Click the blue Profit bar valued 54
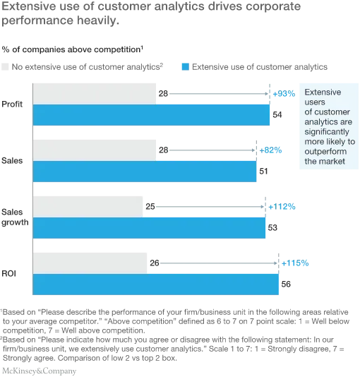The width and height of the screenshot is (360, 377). [x=151, y=115]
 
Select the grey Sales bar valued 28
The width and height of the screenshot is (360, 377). [x=95, y=150]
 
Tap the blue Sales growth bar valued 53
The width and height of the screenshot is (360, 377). [x=149, y=228]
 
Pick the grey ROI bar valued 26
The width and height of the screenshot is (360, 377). [x=90, y=263]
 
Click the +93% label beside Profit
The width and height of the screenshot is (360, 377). [x=284, y=93]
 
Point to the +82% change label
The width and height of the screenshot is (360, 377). [x=270, y=150]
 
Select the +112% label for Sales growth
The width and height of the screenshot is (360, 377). [x=282, y=207]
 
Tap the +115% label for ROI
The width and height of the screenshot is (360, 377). [x=295, y=263]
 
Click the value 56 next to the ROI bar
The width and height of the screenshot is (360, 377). [x=286, y=285]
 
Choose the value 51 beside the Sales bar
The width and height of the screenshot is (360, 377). [x=263, y=171]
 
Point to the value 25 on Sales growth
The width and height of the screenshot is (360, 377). [x=150, y=207]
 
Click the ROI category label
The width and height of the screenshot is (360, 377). [x=9, y=274]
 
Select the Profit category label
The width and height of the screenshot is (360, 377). [x=12, y=104]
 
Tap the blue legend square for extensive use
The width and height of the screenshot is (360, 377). [x=186, y=67]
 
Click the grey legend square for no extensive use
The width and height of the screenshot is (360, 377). [x=5, y=67]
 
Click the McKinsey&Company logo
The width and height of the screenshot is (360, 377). [x=39, y=371]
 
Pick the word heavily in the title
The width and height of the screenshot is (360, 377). [x=98, y=20]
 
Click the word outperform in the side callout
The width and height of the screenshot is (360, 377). [x=325, y=152]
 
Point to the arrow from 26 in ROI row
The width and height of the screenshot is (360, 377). [x=219, y=263]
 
